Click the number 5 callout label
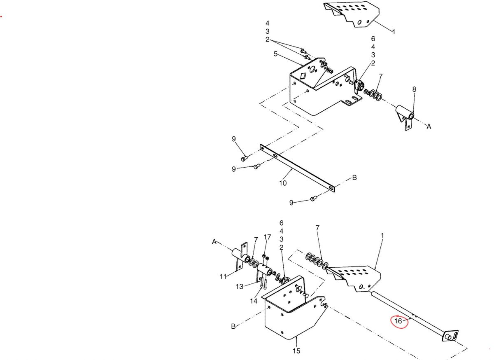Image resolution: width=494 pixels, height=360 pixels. pos(275,54)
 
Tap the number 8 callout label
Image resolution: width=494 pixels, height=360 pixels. pos(414,89)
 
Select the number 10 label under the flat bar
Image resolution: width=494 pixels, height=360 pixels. pos(283,183)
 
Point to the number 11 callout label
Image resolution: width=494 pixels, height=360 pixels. pos(223,276)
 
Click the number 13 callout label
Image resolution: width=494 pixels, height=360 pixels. pos(240,287)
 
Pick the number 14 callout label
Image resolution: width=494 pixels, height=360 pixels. pos(254,301)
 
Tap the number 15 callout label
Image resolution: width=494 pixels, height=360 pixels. pos(296,351)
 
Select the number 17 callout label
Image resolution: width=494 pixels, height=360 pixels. pos(268,237)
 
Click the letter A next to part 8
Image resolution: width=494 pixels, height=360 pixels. pos(429,127)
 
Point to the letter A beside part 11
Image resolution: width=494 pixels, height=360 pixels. pos(214,242)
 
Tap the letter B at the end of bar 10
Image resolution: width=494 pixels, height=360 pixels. pos(354,178)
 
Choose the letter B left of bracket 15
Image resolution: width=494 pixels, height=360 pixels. pos(233,327)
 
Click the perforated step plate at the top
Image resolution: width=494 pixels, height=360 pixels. pos(352,14)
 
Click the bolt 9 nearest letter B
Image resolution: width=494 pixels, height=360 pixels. pos(314,199)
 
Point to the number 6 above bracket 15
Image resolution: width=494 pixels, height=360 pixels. pos(282,223)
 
